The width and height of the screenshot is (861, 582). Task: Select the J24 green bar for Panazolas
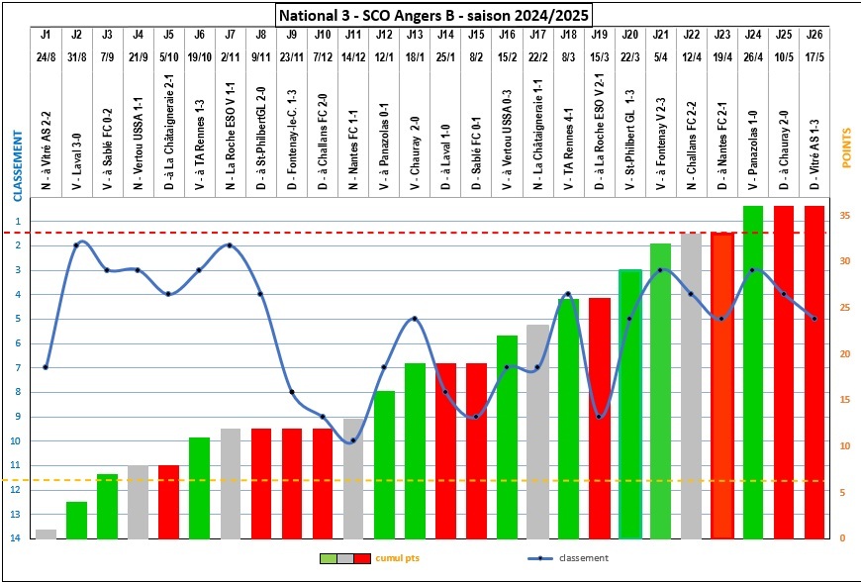tap(753, 371)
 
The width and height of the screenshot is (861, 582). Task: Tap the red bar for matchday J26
tap(814, 371)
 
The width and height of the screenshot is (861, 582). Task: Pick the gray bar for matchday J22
tap(691, 385)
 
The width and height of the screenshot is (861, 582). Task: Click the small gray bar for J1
tap(46, 533)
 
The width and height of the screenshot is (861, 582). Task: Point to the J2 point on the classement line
tap(76, 244)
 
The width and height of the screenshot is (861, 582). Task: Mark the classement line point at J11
tap(353, 439)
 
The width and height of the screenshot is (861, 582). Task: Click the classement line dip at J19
tap(599, 416)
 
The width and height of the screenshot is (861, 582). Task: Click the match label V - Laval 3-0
tap(77, 125)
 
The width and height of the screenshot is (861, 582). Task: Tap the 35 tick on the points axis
tap(840, 215)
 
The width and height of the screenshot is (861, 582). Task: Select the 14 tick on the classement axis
tap(17, 537)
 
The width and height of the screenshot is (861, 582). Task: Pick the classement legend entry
tap(584, 558)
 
